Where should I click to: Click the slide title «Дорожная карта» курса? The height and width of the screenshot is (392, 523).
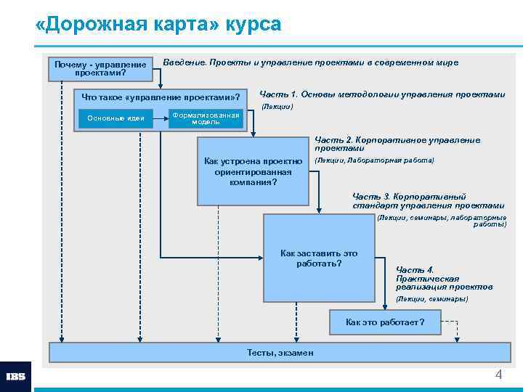(x=158, y=25)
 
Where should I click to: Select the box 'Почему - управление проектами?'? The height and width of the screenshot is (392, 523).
(x=100, y=68)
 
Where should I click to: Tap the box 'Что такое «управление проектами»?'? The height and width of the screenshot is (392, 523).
(x=161, y=97)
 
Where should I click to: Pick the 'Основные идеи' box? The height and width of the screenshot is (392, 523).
(x=115, y=118)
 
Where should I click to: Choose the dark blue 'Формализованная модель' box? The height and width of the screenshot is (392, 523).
(x=206, y=118)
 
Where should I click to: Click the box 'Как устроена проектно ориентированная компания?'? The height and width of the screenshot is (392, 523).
(x=254, y=171)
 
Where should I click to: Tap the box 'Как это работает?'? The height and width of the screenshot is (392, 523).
(x=385, y=322)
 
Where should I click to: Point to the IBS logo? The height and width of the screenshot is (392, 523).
(x=15, y=376)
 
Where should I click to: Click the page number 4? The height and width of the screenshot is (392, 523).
(x=498, y=375)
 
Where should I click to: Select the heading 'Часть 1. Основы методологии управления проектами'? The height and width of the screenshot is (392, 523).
(x=382, y=94)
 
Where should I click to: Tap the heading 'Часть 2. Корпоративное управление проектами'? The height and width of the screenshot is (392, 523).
(x=397, y=144)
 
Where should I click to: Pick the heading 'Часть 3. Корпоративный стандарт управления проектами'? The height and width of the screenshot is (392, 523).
(x=428, y=201)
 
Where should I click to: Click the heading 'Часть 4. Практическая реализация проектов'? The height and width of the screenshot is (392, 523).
(x=444, y=278)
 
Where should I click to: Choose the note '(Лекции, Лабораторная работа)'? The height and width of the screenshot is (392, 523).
(x=374, y=160)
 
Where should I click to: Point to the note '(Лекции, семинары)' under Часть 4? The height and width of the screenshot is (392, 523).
(x=432, y=299)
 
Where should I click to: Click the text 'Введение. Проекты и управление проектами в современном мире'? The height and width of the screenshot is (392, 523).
(x=310, y=62)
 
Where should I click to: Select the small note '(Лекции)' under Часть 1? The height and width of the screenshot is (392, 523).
(x=277, y=107)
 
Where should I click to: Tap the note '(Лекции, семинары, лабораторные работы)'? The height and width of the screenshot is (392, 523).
(x=442, y=221)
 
